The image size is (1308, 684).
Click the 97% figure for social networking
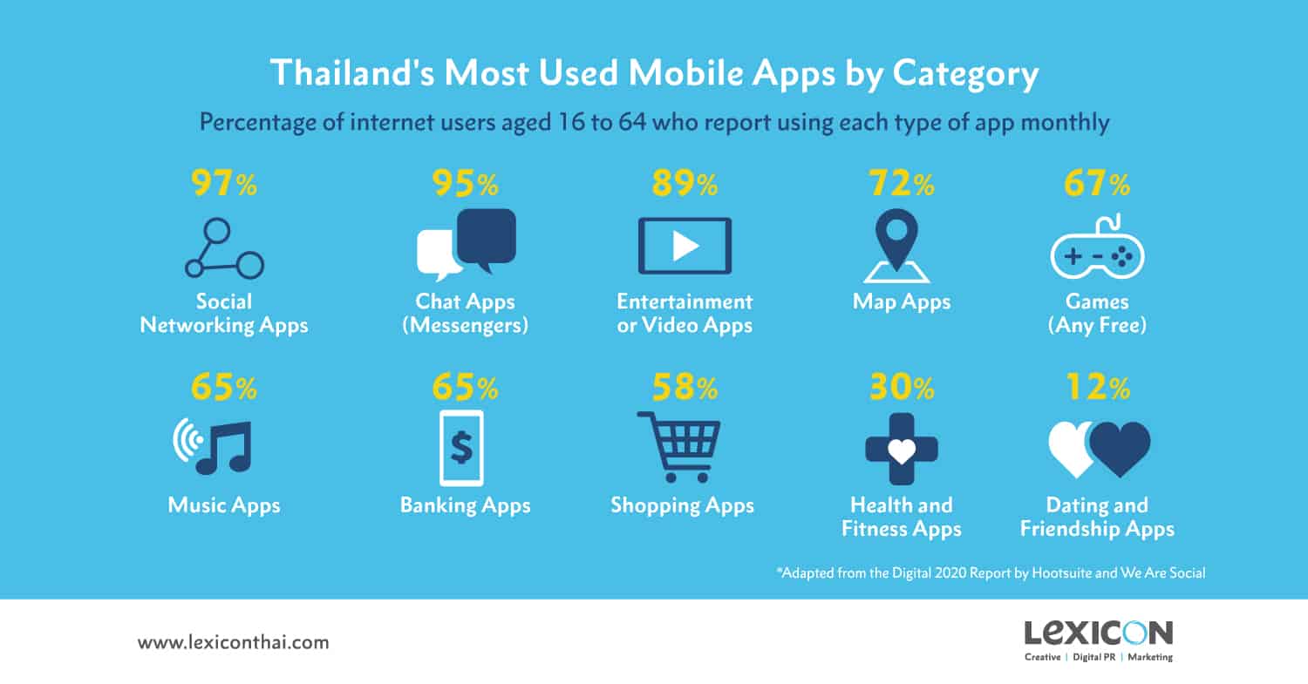pyautogui.click(x=223, y=183)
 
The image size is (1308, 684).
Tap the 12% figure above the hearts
pyautogui.click(x=1098, y=387)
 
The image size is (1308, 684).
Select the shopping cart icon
pyautogui.click(x=679, y=447)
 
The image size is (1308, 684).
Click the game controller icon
pyautogui.click(x=1097, y=247)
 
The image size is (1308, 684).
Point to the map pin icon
pyautogui.click(x=897, y=246)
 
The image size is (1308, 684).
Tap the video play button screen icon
pyautogui.click(x=685, y=246)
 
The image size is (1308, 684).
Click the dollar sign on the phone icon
pyautogui.click(x=461, y=448)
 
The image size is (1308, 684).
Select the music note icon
pyautogui.click(x=224, y=447)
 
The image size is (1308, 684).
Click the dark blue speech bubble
pyautogui.click(x=487, y=240)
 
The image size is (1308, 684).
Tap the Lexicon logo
pyautogui.click(x=1099, y=640)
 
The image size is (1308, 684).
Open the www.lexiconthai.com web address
pyautogui.click(x=234, y=642)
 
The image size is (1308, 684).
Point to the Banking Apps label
pyautogui.click(x=466, y=505)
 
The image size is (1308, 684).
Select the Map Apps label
pyautogui.click(x=902, y=301)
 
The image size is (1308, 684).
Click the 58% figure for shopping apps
pyautogui.click(x=685, y=387)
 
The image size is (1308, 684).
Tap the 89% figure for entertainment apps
pyautogui.click(x=685, y=183)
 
